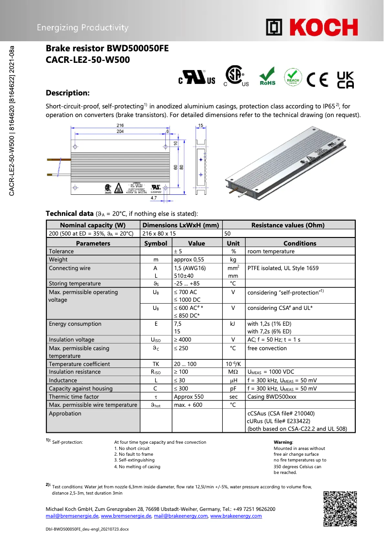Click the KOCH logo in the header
[312, 27]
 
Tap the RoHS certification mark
[267, 77]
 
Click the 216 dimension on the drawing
[120, 126]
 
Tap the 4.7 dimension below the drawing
[154, 197]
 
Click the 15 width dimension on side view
[201, 126]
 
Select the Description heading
[68, 93]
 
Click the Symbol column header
[156, 243]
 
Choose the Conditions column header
[300, 243]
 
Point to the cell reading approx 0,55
[189, 260]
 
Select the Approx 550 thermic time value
[189, 397]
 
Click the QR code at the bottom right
[340, 508]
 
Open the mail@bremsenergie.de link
[72, 516]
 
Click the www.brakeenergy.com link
[236, 516]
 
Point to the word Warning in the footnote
[283, 442]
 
